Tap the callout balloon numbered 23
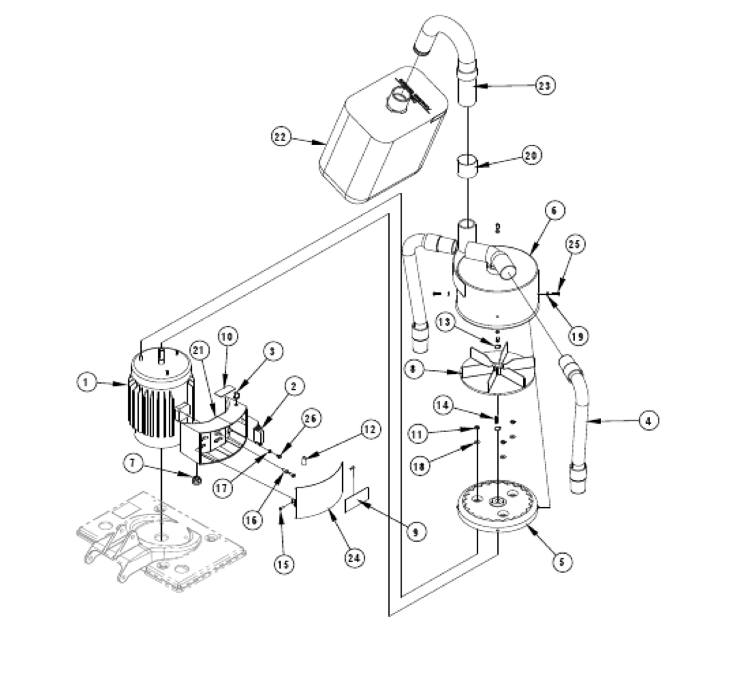(546, 85)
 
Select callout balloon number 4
(649, 420)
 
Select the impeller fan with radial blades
(497, 373)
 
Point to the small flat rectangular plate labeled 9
(357, 500)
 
